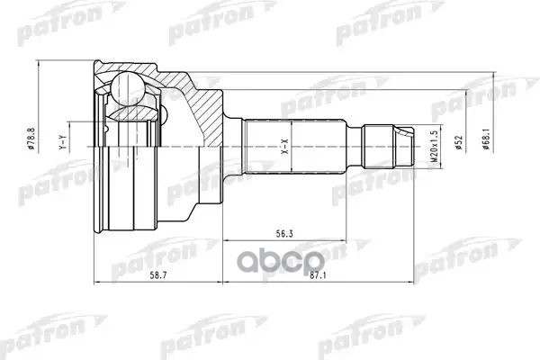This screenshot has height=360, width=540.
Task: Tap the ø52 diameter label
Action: (456, 144)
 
